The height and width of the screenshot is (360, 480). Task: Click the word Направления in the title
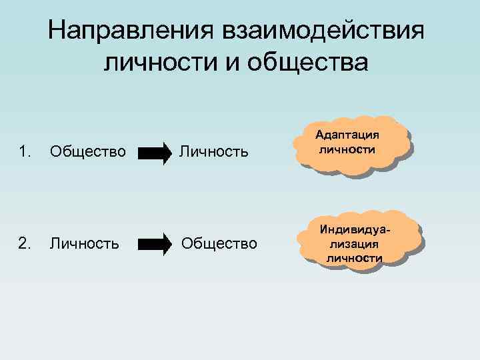[125, 30]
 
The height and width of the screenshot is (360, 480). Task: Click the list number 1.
[25, 152]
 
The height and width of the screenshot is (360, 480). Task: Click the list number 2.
[25, 244]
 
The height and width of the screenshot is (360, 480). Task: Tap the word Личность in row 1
[213, 152]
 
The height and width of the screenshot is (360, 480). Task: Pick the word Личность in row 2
[85, 244]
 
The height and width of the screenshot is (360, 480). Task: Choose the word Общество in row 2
[219, 244]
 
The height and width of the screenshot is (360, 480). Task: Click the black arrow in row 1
[155, 153]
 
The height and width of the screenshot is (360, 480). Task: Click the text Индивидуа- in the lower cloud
[354, 230]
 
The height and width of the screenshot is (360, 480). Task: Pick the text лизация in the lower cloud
[354, 244]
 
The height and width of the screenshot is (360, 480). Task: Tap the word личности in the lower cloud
[354, 257]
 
